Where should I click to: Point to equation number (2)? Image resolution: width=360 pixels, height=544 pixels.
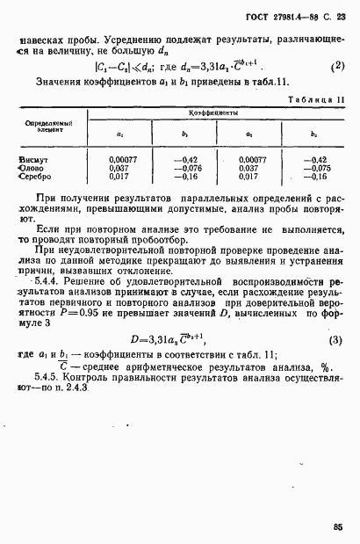click(x=336, y=66)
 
